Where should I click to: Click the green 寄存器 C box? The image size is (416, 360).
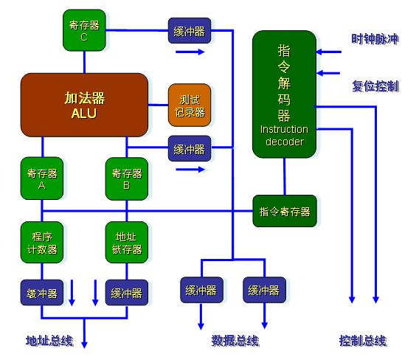(x=84, y=30)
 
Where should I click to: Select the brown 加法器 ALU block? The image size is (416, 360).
(x=84, y=105)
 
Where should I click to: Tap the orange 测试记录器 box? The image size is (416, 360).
(x=190, y=105)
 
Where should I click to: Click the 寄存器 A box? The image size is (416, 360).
(x=42, y=179)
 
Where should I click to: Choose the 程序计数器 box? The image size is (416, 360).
(x=42, y=243)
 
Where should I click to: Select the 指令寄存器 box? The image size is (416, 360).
(x=285, y=211)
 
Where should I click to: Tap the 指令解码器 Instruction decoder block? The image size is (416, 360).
(x=284, y=94)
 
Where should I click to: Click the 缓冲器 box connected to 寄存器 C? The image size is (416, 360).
(x=190, y=30)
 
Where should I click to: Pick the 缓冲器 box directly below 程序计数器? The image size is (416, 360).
(x=42, y=293)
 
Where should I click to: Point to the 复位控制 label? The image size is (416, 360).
(x=375, y=86)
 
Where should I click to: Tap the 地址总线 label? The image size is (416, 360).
(x=49, y=340)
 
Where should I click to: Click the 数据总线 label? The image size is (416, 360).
(x=235, y=340)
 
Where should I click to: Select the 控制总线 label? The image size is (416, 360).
(x=363, y=340)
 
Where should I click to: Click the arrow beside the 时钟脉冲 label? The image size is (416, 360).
(x=329, y=52)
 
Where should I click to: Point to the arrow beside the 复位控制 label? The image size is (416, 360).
(x=329, y=74)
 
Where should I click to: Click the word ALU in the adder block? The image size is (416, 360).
(x=83, y=114)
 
